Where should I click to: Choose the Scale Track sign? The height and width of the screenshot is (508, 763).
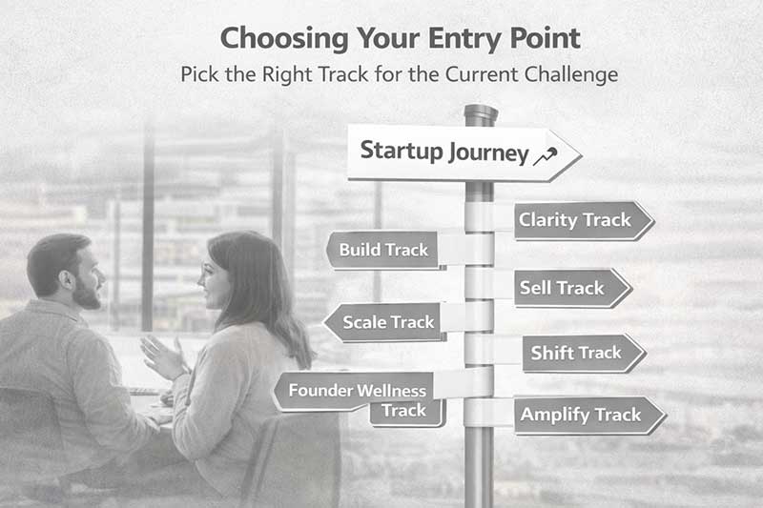coord(383,322)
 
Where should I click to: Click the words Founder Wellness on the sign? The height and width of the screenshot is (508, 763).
coord(357,391)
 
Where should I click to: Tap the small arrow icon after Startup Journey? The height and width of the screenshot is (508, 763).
coord(546,155)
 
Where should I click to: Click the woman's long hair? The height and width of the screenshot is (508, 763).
coord(276,305)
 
